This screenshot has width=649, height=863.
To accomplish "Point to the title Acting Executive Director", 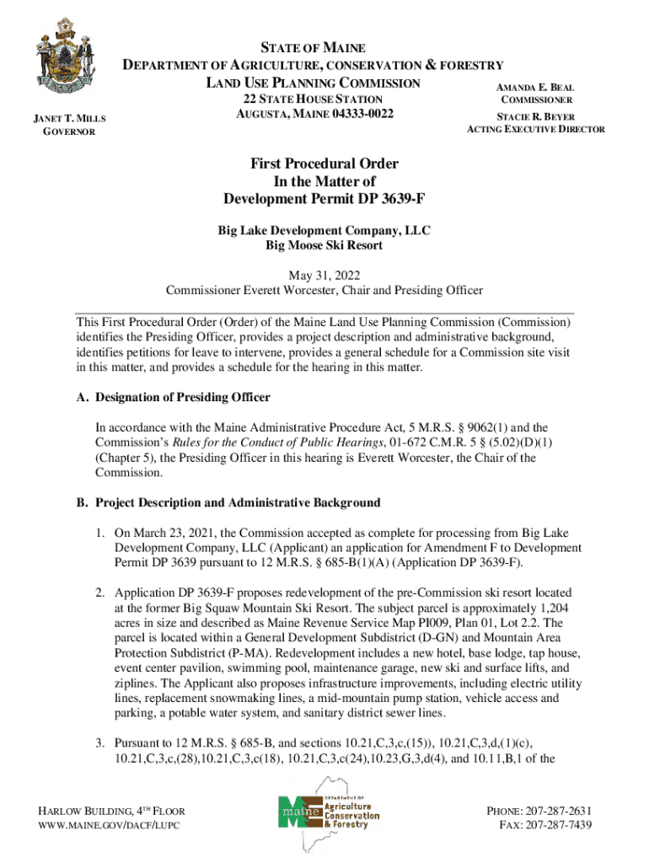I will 536,130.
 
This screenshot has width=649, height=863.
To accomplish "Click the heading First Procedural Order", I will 324,163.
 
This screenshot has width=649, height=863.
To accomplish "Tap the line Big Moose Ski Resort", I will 324,245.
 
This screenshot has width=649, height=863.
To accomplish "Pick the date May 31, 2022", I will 324,275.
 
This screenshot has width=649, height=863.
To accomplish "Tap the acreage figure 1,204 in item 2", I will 545,608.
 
